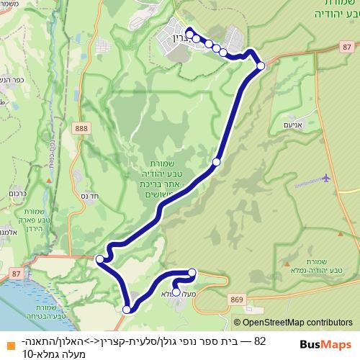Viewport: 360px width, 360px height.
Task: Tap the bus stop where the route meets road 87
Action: pos(261,66)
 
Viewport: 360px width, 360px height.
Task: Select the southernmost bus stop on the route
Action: pos(127,310)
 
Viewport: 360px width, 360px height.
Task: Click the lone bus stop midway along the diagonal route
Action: pos(216,164)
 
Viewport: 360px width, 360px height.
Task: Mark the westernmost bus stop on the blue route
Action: pos(99,257)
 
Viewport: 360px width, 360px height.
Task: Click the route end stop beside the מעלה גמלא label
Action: pos(177,292)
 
